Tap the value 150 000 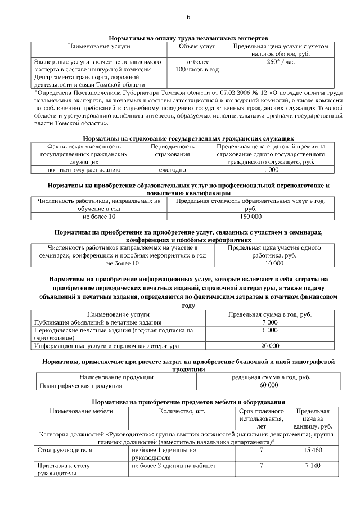[250, 216]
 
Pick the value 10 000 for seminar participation [274, 263]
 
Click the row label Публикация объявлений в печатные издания [98, 322]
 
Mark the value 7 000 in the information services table [270, 322]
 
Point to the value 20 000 [270, 346]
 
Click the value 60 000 [268, 386]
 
